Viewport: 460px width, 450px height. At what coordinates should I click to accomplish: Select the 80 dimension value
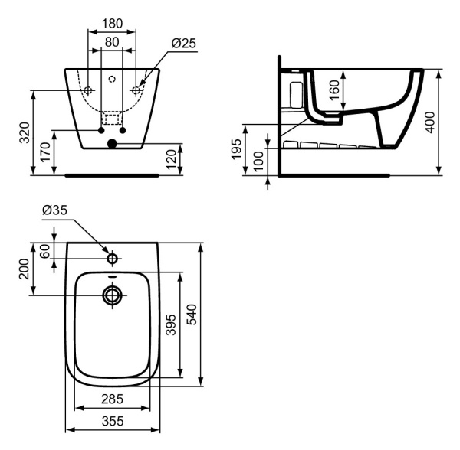tap(112, 43)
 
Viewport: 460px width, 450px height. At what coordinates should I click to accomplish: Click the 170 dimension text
tap(46, 150)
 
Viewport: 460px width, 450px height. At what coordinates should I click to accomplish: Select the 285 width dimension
tap(113, 398)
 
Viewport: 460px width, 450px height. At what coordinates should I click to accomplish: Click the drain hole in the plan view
tap(113, 295)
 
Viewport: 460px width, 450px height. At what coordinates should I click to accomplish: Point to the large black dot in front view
tap(113, 142)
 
